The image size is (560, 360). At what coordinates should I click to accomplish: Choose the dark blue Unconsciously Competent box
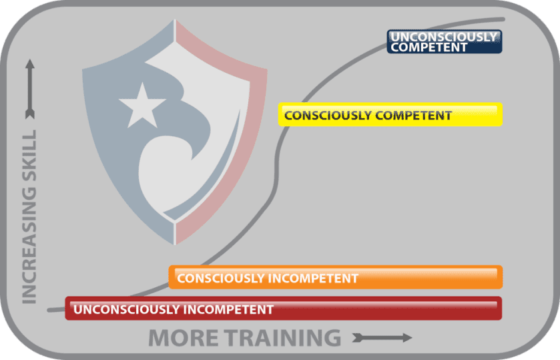444,42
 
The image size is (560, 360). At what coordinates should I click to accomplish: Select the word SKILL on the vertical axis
29,160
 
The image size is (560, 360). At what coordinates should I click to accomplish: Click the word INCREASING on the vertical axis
29,247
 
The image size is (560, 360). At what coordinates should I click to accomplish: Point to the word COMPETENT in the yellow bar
414,116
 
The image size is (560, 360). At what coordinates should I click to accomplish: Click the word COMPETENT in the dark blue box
429,47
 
